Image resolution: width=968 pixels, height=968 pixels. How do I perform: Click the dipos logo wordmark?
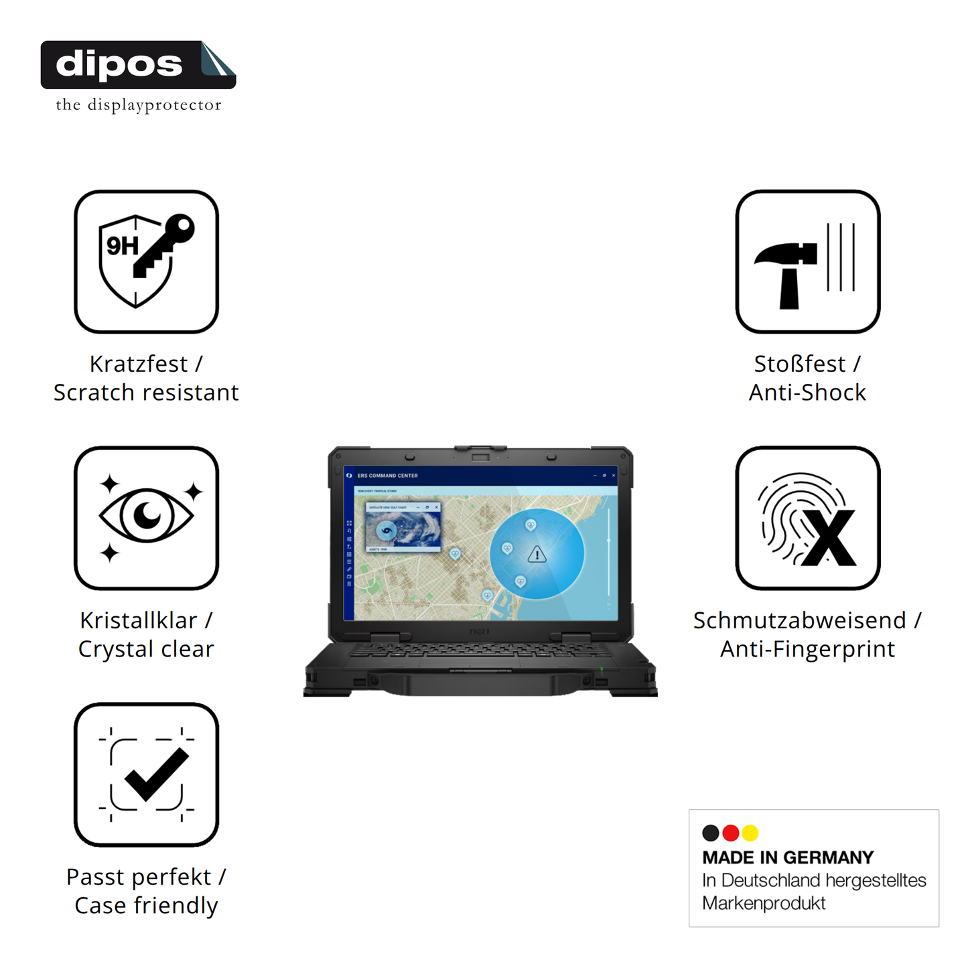tap(119, 64)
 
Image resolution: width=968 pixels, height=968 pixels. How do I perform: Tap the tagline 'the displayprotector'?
tap(138, 105)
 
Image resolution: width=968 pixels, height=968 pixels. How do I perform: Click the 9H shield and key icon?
tap(146, 261)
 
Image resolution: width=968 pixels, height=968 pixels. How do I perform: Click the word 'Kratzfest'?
tap(139, 364)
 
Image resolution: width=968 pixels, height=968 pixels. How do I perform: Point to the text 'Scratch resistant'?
tap(146, 393)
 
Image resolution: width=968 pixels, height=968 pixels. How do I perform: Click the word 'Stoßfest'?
tap(799, 364)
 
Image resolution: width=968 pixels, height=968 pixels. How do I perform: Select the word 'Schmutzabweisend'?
tap(799, 620)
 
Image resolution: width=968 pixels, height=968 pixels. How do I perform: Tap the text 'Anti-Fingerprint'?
tap(807, 649)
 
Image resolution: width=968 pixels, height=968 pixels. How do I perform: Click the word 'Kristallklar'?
tap(139, 620)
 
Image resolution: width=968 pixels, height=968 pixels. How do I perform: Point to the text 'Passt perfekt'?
tap(139, 877)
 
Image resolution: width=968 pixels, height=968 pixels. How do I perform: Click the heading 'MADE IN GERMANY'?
tap(788, 857)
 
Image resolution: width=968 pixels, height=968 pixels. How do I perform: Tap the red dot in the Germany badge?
tap(731, 833)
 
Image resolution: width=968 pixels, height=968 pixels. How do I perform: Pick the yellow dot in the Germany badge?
tap(750, 833)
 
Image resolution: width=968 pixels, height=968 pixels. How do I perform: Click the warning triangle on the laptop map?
tap(537, 555)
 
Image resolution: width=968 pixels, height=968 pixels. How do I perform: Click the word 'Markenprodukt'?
tap(764, 903)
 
